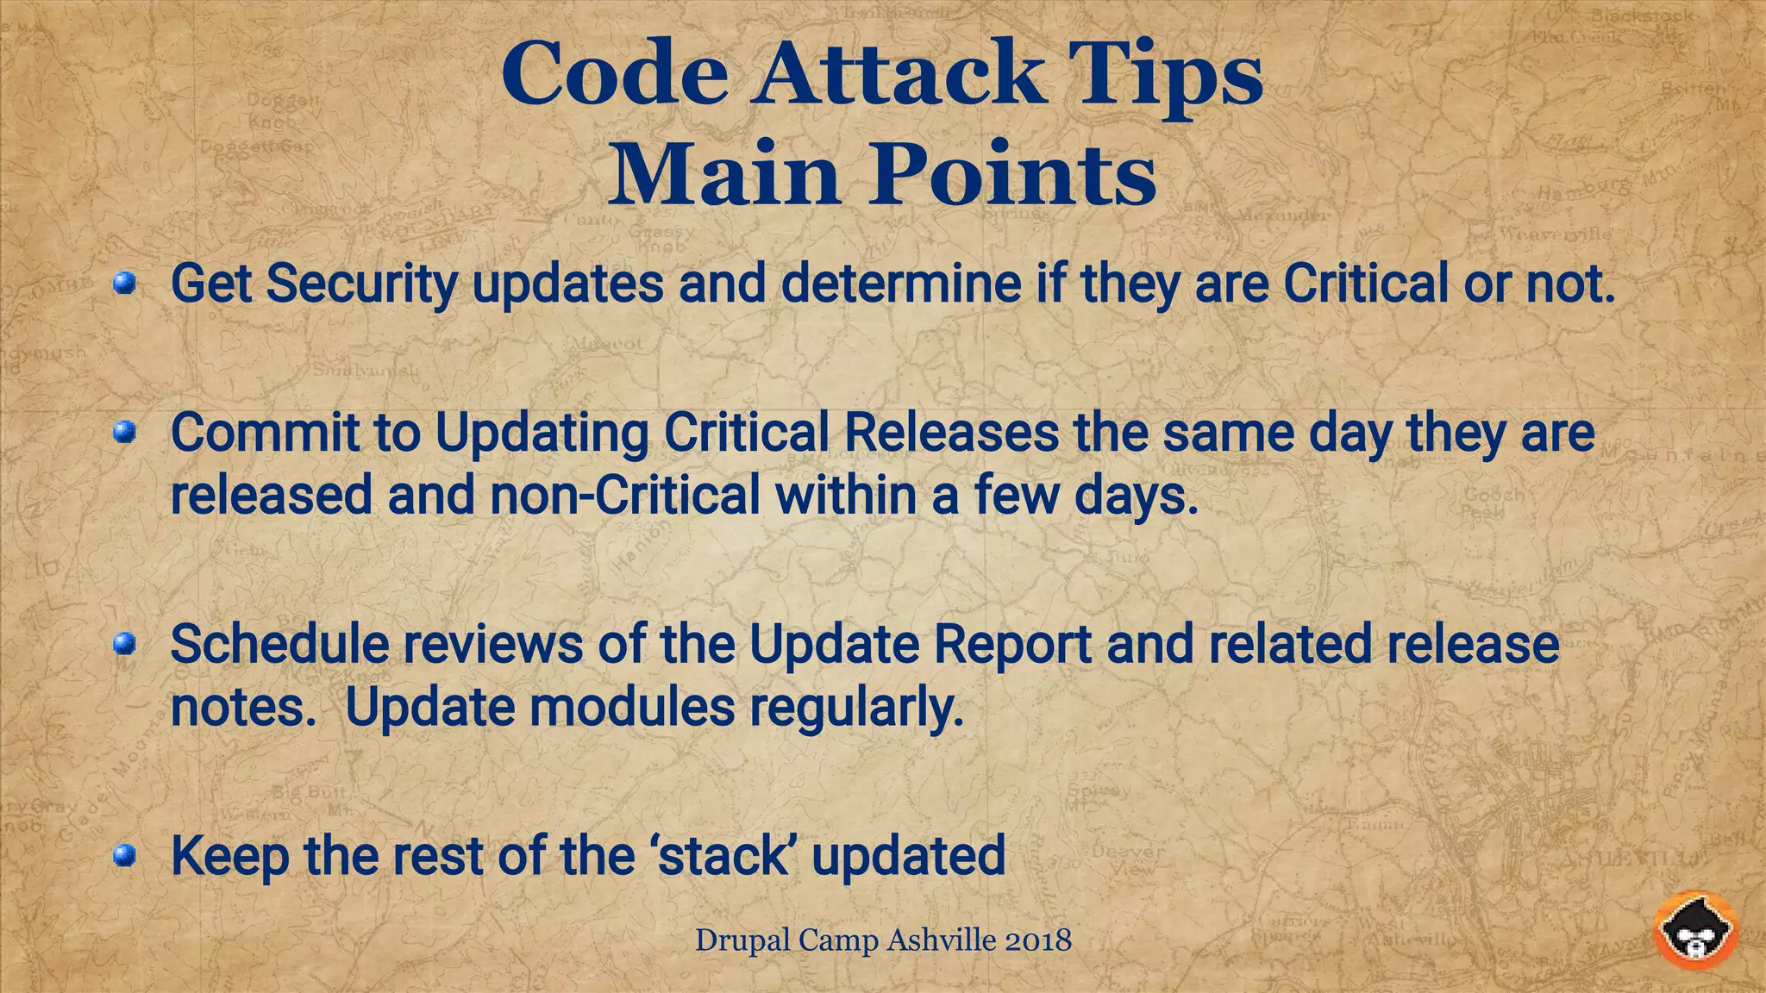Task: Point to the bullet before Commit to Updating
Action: click(x=126, y=432)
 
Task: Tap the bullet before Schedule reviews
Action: click(x=126, y=644)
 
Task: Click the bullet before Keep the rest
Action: click(x=126, y=855)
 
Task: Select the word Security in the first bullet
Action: click(x=361, y=284)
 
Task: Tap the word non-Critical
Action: click(x=625, y=496)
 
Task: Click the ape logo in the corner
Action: click(x=1695, y=930)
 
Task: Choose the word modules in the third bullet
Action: click(x=631, y=707)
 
